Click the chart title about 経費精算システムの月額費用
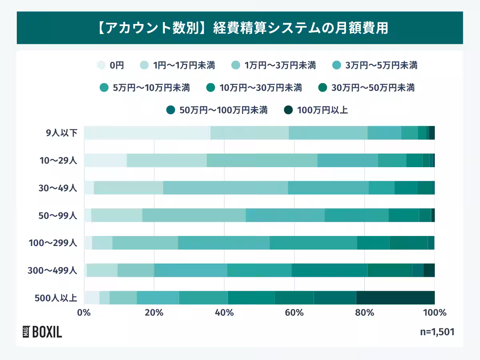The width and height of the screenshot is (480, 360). (x=240, y=28)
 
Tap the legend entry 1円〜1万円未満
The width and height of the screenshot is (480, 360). (x=178, y=65)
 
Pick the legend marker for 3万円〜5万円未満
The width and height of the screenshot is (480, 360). (x=337, y=65)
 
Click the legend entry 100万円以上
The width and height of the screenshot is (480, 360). (x=316, y=110)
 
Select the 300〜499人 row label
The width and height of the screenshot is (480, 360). (x=52, y=270)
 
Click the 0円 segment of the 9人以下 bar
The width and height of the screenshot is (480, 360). (x=147, y=133)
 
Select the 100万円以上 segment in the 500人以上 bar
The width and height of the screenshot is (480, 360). (x=395, y=298)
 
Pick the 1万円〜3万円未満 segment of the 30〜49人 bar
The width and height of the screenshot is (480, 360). (x=225, y=188)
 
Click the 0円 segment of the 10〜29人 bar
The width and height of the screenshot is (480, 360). (x=105, y=160)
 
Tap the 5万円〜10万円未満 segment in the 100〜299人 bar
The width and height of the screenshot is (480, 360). (x=313, y=243)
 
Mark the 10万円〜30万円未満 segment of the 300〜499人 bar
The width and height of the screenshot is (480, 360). (x=329, y=270)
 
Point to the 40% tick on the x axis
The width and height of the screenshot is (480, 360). (x=224, y=312)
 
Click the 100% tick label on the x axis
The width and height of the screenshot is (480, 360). (x=434, y=312)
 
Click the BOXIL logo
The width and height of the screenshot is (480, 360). (x=42, y=332)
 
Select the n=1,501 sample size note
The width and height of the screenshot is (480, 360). (x=437, y=332)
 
